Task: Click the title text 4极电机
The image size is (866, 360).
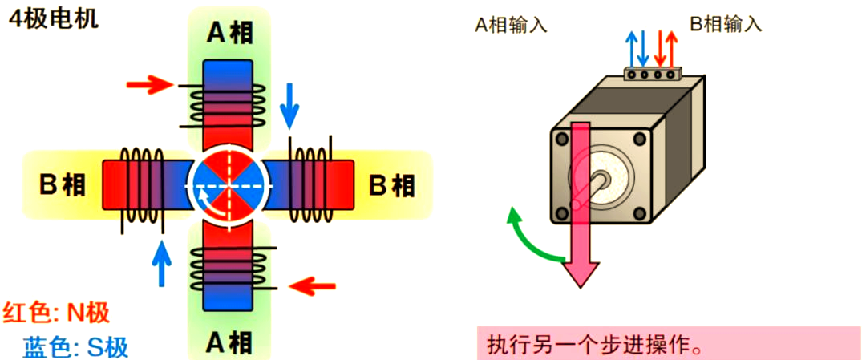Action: [x=53, y=18]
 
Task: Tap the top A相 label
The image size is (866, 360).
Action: [x=231, y=33]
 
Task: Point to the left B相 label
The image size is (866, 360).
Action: [x=63, y=185]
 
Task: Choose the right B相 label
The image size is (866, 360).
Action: [x=392, y=185]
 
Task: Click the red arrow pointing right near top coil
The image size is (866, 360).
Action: [x=150, y=83]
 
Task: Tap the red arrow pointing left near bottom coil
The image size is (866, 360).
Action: [x=311, y=285]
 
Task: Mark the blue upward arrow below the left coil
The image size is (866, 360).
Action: [x=163, y=263]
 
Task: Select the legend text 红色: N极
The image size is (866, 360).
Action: [x=56, y=313]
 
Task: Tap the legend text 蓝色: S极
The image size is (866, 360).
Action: [x=76, y=347]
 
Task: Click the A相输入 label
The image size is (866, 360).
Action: [x=511, y=25]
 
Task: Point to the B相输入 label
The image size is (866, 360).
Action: [x=726, y=25]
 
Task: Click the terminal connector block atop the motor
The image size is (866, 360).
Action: [x=652, y=75]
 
